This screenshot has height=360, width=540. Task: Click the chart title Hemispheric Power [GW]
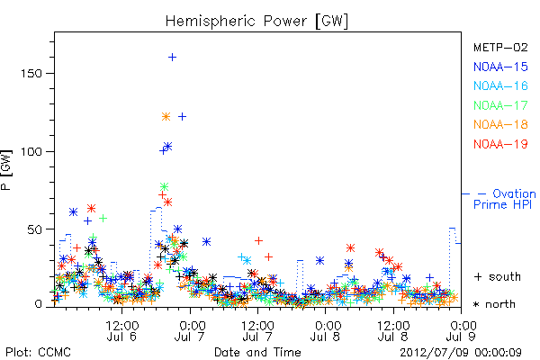coord(256,21)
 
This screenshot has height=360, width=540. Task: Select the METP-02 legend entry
coord(500,47)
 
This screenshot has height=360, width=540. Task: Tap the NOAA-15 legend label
coord(500,67)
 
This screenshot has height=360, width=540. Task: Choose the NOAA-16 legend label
coord(500,85)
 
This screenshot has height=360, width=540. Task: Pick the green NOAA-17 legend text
coord(500,105)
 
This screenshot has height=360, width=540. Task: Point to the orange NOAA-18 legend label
coord(500,124)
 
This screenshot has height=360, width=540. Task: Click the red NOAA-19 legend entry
coord(500,144)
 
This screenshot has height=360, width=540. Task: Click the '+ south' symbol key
coord(498,276)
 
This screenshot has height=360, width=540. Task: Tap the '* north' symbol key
coord(494,304)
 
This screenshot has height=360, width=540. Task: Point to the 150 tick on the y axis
coord(31,74)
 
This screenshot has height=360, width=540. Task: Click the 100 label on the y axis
coord(31,151)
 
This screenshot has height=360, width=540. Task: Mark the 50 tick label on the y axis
coord(34,229)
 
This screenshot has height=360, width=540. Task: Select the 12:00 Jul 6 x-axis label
coord(121,330)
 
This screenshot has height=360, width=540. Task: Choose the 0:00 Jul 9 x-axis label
coord(461,330)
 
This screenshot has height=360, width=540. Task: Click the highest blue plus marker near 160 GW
coord(172,58)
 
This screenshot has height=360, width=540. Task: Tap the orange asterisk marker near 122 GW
coord(166,117)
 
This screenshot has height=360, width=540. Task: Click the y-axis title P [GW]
coord(6,170)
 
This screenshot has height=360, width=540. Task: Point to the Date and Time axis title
coord(257,352)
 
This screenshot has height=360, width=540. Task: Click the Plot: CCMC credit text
coord(38,352)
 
